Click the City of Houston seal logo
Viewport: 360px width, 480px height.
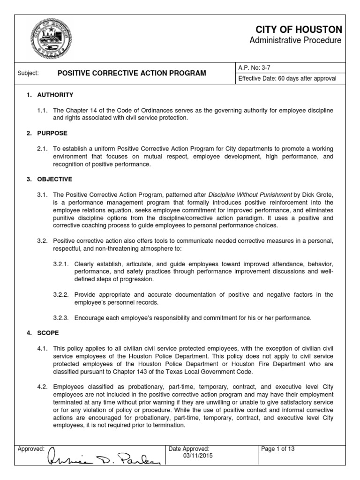click(52, 37)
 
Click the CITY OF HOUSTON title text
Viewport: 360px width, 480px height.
click(307, 30)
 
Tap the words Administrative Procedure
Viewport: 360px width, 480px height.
click(295, 41)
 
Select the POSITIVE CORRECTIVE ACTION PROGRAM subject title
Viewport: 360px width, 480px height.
click(131, 74)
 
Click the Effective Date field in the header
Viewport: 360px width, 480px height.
click(287, 79)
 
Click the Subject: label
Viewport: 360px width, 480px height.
click(28, 74)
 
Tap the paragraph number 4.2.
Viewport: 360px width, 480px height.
click(43, 387)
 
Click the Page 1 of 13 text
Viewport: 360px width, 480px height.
click(278, 449)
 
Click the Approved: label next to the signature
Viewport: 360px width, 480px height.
click(31, 449)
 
